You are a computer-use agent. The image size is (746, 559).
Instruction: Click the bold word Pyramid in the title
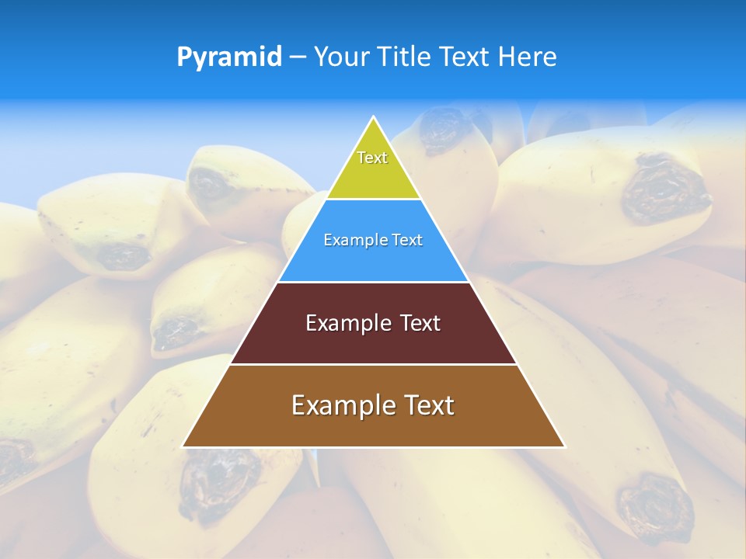pos(229,57)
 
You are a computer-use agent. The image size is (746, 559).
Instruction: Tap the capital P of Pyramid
pos(184,57)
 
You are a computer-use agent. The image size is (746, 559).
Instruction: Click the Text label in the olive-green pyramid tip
pos(372,158)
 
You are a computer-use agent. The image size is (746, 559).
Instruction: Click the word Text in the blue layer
pos(408,241)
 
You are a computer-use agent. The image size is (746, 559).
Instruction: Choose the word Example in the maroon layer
pos(347,323)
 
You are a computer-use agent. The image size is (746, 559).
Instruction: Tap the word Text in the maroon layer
pos(420,323)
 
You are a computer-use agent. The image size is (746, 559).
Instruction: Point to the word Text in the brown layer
pos(428,405)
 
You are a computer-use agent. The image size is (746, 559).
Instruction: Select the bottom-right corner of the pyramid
pos(564,446)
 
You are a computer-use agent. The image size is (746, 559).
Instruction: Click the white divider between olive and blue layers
pos(374,200)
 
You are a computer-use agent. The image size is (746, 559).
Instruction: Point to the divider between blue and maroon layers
pos(374,282)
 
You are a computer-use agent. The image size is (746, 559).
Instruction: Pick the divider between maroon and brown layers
pos(374,364)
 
